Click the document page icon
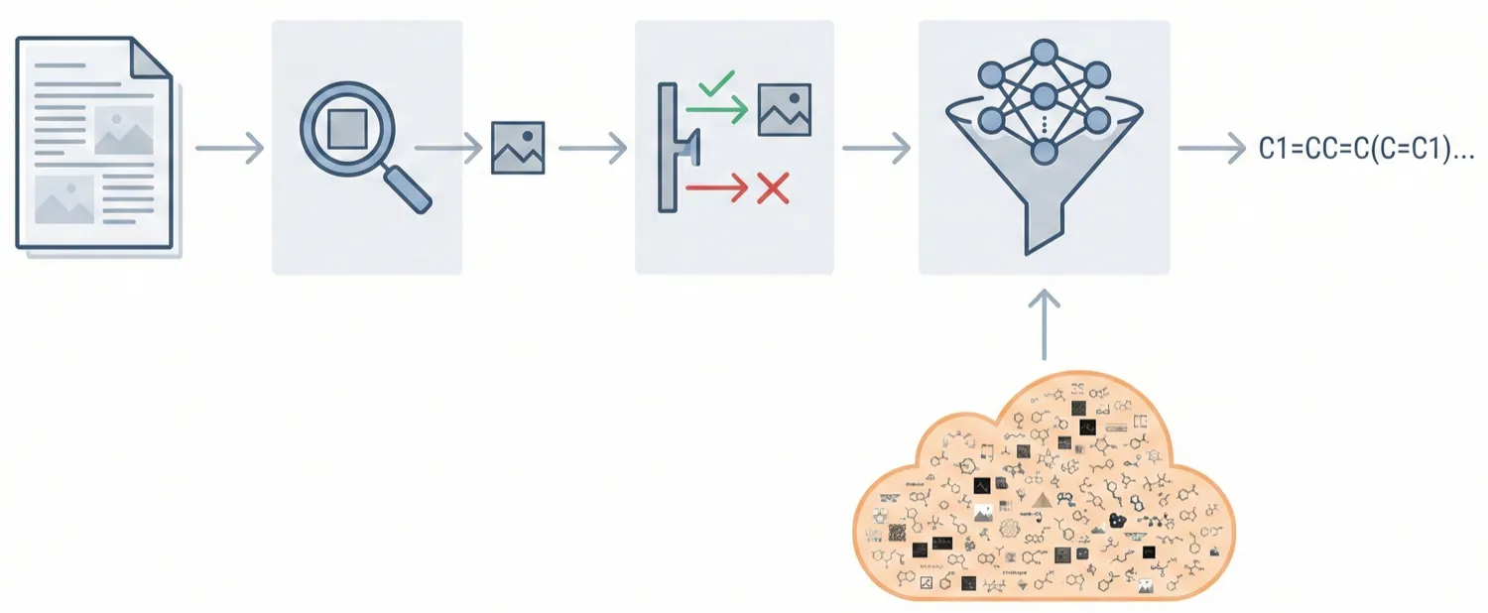point(94,144)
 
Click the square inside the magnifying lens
point(346,128)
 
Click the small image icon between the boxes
point(518,149)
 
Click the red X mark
point(771,187)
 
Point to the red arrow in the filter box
point(714,187)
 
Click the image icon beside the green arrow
point(785,109)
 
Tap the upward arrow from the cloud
point(1044,323)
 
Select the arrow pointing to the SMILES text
point(1210,150)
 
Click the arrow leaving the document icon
point(229,149)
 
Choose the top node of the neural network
point(1044,52)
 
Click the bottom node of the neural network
point(1044,152)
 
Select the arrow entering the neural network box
point(876,149)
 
